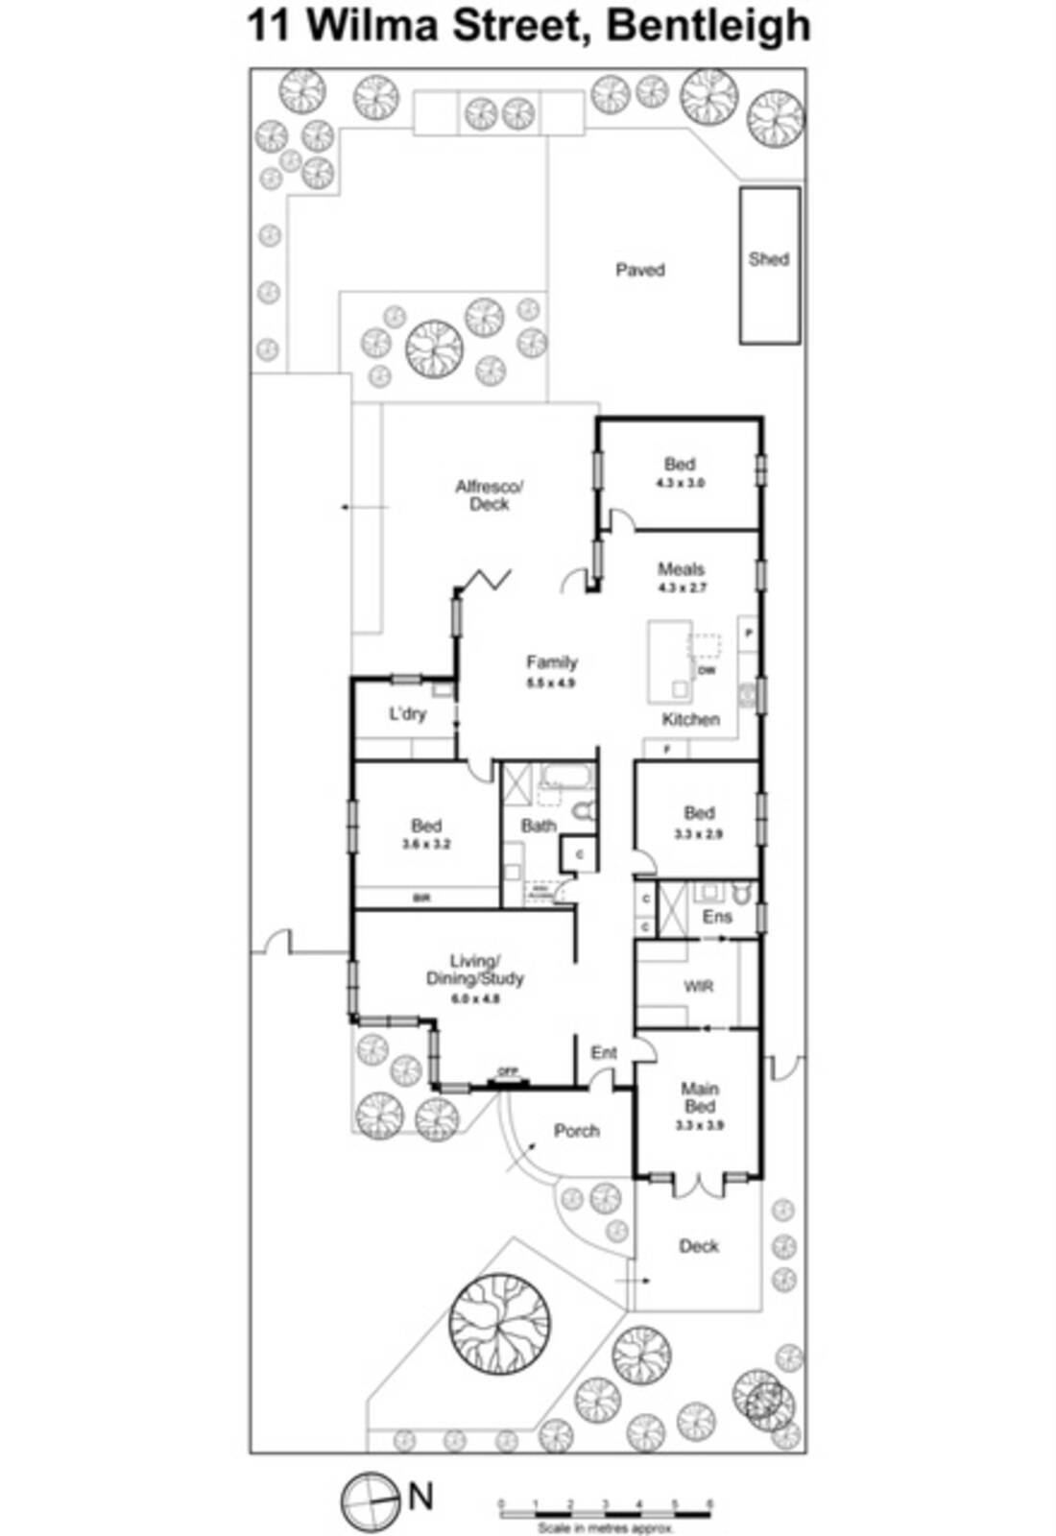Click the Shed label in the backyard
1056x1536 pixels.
point(768,258)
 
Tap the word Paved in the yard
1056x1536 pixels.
point(639,270)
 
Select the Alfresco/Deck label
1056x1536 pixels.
point(489,494)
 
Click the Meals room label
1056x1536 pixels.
point(681,569)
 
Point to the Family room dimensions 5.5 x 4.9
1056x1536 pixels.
point(551,684)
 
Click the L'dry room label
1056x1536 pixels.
point(407,714)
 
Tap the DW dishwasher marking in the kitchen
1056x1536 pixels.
point(707,670)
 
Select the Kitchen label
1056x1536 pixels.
point(690,719)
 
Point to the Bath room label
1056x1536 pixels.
point(539,826)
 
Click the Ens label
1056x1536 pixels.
point(716,917)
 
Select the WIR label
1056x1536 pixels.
point(698,986)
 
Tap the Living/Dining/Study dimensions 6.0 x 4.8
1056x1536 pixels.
point(475,998)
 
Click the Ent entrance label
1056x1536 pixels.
point(604,1053)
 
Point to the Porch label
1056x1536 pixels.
point(576,1131)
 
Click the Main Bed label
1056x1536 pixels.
point(699,1097)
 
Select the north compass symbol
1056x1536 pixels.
point(370,1499)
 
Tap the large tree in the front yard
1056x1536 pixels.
point(499,1320)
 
